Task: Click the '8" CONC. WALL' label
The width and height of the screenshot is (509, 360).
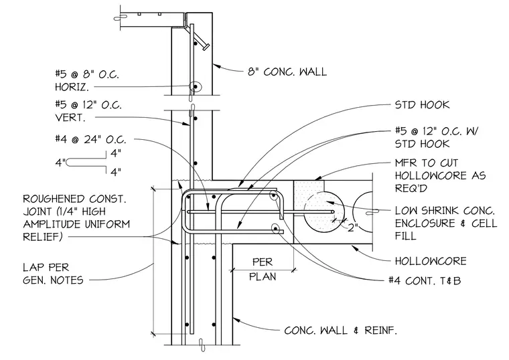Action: pyautogui.click(x=287, y=72)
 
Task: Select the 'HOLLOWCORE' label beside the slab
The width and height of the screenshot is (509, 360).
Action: pyautogui.click(x=431, y=261)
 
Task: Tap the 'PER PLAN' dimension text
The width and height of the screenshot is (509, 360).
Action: pyautogui.click(x=263, y=269)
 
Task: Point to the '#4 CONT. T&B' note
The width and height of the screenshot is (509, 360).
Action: pyautogui.click(x=425, y=280)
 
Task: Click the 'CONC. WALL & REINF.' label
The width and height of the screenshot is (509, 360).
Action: pyautogui.click(x=340, y=331)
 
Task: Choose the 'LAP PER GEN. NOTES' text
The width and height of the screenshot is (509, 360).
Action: pyautogui.click(x=53, y=274)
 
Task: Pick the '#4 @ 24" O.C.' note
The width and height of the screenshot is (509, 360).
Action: pyautogui.click(x=90, y=139)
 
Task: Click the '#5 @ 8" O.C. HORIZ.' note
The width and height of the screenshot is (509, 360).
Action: pyautogui.click(x=87, y=80)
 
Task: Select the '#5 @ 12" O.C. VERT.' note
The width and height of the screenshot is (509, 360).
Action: pyautogui.click(x=88, y=111)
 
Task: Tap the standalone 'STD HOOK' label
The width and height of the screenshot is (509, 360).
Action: pyautogui.click(x=422, y=105)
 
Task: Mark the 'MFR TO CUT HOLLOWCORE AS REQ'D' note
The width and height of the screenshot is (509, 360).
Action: pyautogui.click(x=440, y=175)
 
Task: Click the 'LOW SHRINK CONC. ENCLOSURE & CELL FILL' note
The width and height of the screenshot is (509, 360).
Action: pyautogui.click(x=445, y=223)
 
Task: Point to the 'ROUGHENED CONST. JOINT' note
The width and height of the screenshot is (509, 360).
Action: pyautogui.click(x=76, y=217)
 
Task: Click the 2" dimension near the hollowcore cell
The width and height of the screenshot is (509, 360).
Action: pyautogui.click(x=352, y=228)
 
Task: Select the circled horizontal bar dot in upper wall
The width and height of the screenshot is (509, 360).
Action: pyautogui.click(x=196, y=86)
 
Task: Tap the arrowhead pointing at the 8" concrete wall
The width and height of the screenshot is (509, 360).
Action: pyautogui.click(x=217, y=66)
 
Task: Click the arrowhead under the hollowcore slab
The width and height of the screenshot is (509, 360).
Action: pyautogui.click(x=355, y=248)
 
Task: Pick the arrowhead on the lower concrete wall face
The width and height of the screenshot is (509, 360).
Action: pyautogui.click(x=236, y=319)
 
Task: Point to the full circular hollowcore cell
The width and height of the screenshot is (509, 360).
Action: pyautogui.click(x=323, y=212)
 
